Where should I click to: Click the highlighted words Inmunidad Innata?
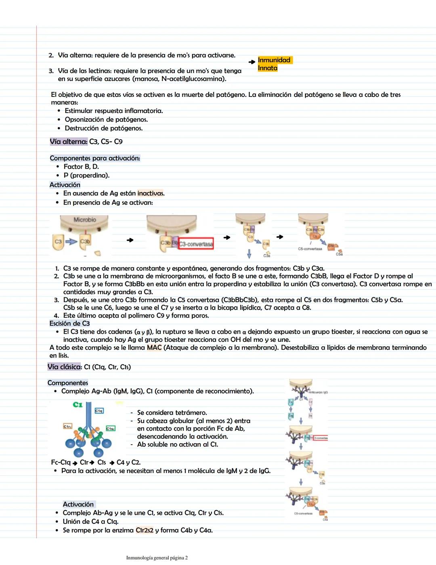(274, 64)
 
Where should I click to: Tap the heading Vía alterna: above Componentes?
(68, 142)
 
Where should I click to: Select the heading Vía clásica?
(64, 367)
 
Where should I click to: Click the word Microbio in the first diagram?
(85, 220)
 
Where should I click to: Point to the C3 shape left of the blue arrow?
(58, 242)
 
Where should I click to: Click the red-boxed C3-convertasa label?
(196, 244)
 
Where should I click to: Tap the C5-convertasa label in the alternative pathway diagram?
(310, 249)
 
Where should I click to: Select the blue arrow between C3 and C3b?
(71, 242)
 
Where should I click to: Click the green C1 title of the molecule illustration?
(78, 404)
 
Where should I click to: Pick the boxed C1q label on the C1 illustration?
(99, 410)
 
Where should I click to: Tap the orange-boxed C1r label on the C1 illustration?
(67, 426)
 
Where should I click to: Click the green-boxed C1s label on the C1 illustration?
(110, 428)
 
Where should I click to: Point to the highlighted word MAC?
(154, 347)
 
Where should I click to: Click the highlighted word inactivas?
(151, 193)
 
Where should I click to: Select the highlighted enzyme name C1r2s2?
(145, 530)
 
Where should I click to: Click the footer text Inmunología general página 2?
(157, 558)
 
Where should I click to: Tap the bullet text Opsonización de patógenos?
(106, 119)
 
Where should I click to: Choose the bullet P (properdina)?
(86, 176)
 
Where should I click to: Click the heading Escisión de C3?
(69, 324)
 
